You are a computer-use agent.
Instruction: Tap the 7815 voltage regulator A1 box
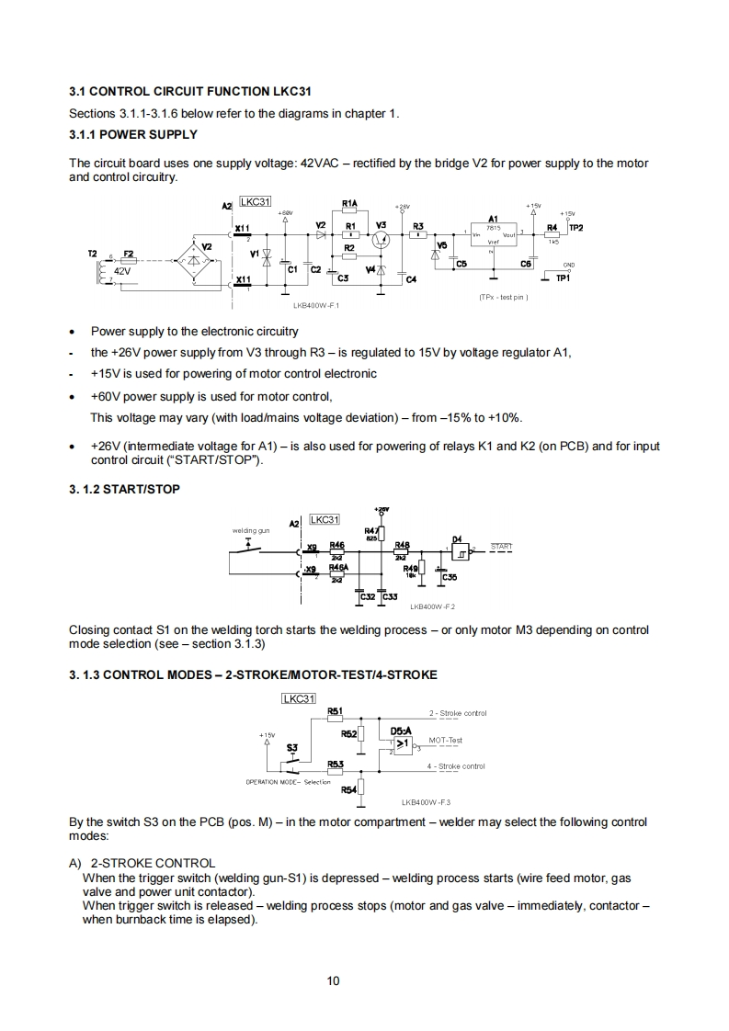[493, 235]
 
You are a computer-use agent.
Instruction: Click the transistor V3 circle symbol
[382, 238]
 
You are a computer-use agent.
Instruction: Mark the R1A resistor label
[349, 203]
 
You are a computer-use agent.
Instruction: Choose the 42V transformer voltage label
[122, 272]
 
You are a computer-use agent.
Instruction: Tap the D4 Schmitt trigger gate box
[459, 551]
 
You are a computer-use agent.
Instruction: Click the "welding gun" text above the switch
[249, 530]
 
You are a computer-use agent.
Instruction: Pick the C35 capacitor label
[450, 577]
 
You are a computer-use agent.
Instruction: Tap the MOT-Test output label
[445, 740]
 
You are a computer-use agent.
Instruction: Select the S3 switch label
[291, 748]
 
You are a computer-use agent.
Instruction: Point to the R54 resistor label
[348, 788]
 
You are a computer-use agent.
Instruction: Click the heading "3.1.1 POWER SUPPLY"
[133, 134]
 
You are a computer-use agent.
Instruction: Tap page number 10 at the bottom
[334, 980]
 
